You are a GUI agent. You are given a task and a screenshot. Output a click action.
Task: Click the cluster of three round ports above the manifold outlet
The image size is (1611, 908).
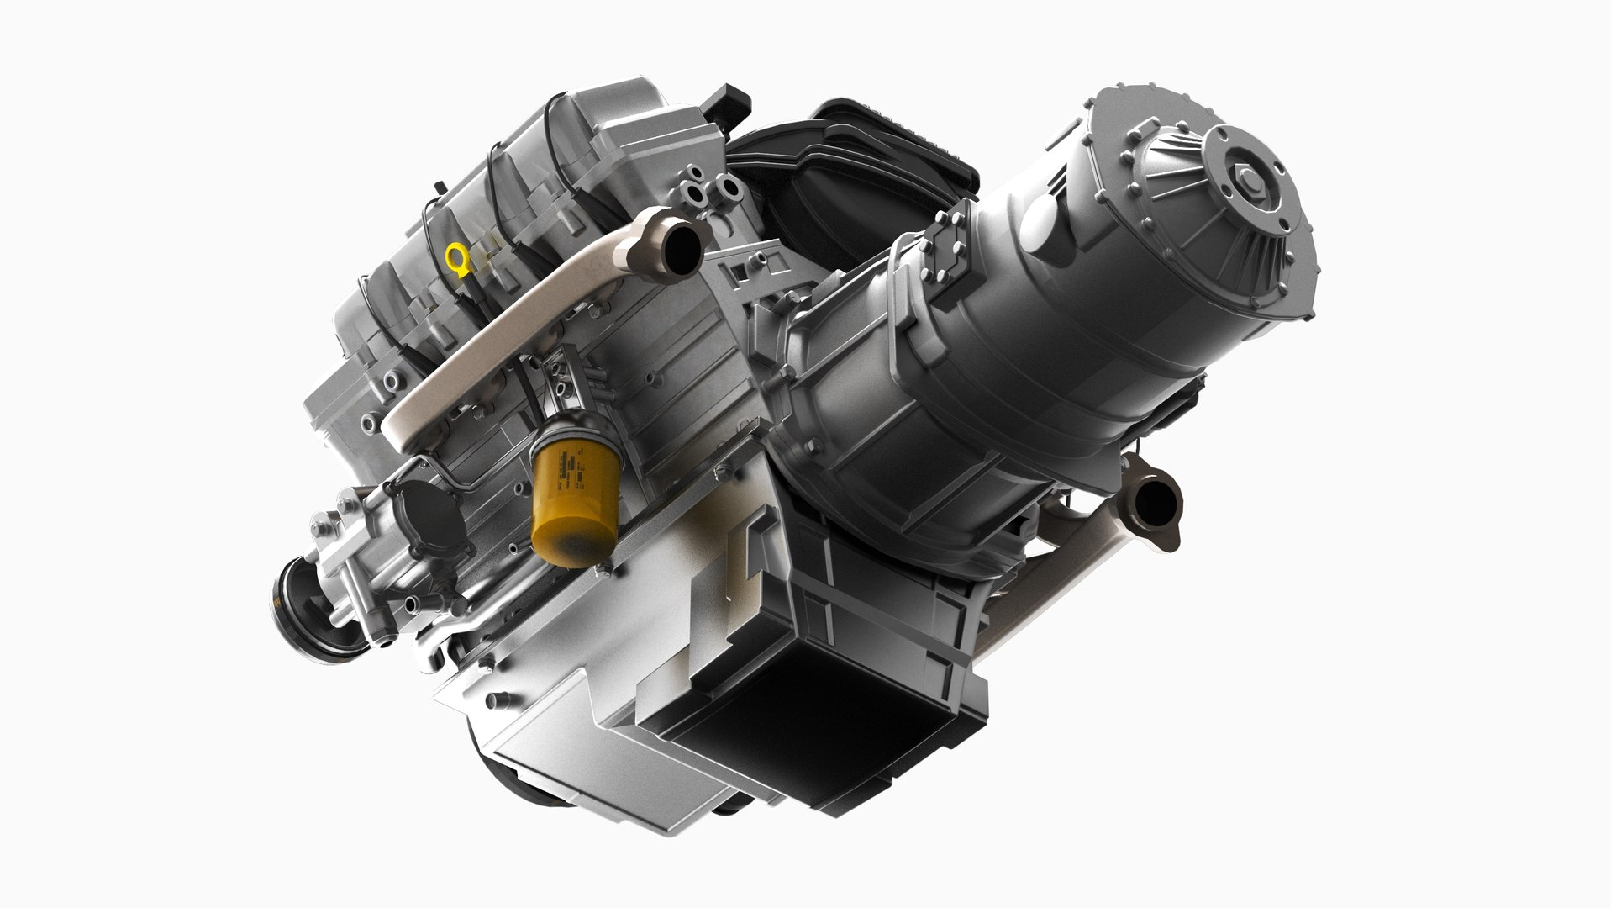point(703,188)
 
